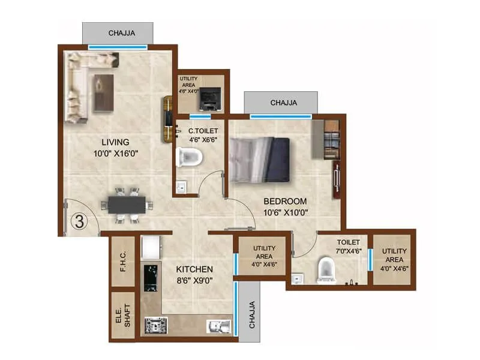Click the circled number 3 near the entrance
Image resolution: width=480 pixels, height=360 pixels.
click(78, 220)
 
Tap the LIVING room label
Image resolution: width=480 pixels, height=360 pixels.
click(115, 142)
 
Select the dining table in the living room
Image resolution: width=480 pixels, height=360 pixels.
click(127, 205)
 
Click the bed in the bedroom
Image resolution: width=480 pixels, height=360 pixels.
click(260, 159)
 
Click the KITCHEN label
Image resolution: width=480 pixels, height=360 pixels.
click(193, 269)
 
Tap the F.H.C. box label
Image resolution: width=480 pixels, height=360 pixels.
click(122, 263)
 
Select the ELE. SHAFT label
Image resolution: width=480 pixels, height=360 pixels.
click(122, 315)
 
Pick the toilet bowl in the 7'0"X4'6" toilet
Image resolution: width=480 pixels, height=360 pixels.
click(326, 269)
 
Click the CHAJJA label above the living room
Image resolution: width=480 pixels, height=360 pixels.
click(117, 32)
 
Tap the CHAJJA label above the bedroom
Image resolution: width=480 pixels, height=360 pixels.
click(283, 103)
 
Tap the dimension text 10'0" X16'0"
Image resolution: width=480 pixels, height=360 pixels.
click(115, 154)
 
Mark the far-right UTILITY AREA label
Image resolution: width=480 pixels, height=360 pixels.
click(394, 260)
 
